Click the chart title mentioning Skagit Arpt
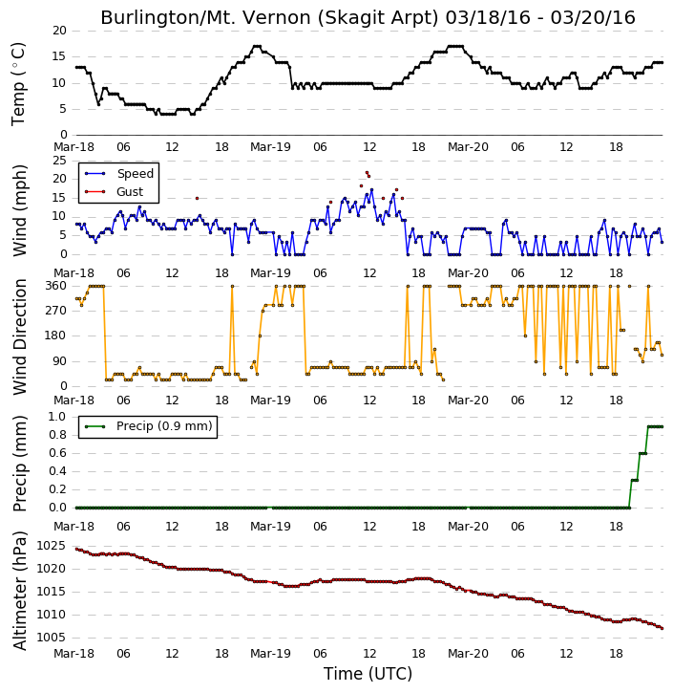click(x=368, y=17)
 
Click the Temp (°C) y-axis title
click(x=18, y=84)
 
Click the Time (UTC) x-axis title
click(x=368, y=674)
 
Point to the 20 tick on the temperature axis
click(x=59, y=31)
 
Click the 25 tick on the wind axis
click(x=59, y=161)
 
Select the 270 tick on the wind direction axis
click(x=56, y=311)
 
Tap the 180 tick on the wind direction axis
click(x=56, y=336)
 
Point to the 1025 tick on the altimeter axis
click(x=52, y=546)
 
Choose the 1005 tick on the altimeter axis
click(x=52, y=638)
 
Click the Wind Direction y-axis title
click(x=19, y=336)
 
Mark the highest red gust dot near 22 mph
click(x=367, y=172)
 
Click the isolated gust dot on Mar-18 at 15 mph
click(x=197, y=199)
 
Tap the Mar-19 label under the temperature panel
click(x=270, y=147)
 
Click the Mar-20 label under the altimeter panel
click(x=468, y=654)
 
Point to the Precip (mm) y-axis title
click(x=19, y=464)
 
